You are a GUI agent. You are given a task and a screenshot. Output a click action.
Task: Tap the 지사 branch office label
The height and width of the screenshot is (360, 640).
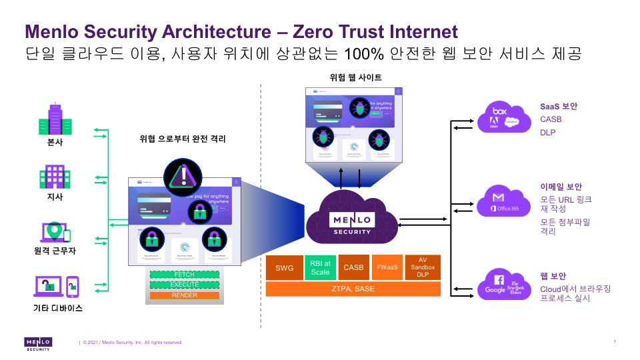coord(55,198)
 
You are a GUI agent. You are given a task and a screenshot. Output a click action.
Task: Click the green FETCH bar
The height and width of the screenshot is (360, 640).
coord(184,275)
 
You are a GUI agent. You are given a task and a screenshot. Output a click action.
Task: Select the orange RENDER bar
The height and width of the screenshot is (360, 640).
coord(184,295)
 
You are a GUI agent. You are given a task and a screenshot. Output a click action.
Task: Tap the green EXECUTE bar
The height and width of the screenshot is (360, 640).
coord(184,285)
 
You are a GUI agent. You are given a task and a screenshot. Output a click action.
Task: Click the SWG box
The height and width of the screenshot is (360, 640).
coord(284,267)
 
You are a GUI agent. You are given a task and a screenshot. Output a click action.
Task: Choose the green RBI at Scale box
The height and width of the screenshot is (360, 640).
coord(320,267)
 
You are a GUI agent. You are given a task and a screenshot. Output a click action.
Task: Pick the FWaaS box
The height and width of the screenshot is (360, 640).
coord(387,267)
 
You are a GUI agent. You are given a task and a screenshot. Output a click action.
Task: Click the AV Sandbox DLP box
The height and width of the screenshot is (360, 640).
coord(422,267)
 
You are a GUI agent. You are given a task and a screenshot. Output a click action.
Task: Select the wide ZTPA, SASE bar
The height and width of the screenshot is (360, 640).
coord(353,289)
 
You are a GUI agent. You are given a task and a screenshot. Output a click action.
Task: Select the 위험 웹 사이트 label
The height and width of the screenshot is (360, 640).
coord(356,78)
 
